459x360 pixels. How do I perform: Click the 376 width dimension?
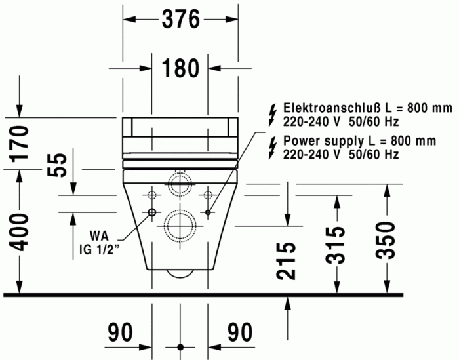point(180,20)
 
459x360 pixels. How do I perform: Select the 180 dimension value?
point(180,68)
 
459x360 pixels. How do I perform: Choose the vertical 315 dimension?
point(336,245)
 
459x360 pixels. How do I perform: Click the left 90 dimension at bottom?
point(121,332)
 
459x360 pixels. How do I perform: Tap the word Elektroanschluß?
point(323,108)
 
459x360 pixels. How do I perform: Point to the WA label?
point(99,236)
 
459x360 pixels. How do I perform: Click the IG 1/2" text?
point(98,249)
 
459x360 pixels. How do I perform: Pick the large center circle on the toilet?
point(179,226)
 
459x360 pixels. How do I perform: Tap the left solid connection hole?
point(151,212)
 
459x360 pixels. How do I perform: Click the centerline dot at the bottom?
point(180,347)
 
